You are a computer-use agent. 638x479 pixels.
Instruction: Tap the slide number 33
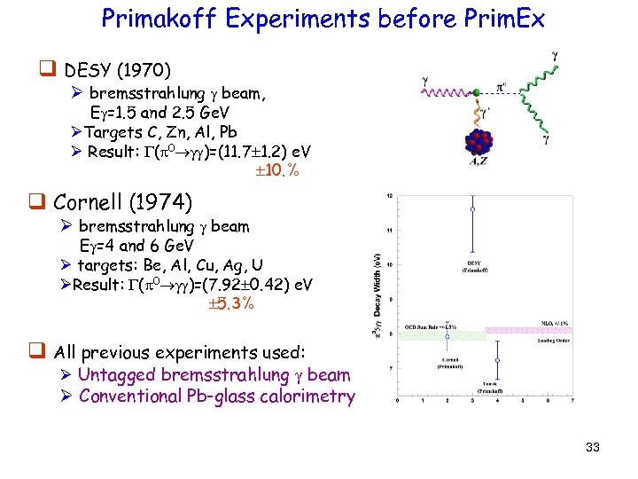(x=593, y=447)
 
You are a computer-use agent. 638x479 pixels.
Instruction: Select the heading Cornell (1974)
(x=122, y=203)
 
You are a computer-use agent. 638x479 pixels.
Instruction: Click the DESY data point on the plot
(x=472, y=209)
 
